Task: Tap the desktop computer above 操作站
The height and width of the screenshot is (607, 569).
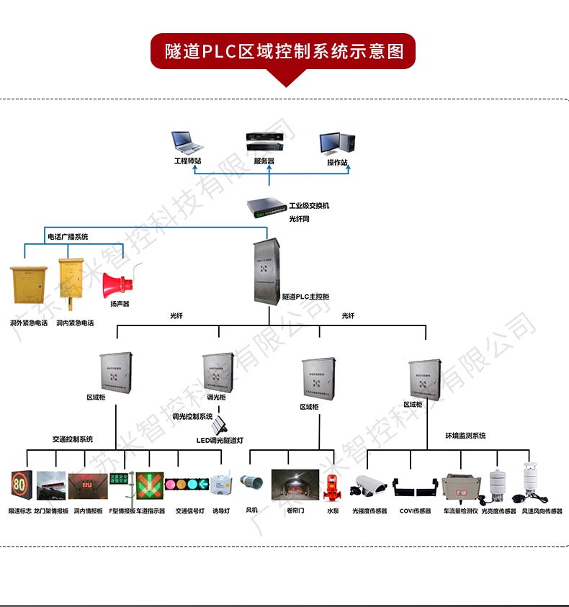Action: point(338,143)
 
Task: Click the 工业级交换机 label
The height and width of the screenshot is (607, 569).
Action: point(309,205)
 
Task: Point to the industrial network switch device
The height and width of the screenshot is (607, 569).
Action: point(266,209)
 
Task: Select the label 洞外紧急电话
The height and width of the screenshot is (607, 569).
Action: point(29,323)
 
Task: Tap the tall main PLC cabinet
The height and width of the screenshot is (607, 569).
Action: point(266,271)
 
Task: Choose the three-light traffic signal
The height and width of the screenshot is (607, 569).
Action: point(187,484)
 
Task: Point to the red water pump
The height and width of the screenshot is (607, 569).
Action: point(332,485)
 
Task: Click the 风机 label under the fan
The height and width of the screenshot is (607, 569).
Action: point(251,511)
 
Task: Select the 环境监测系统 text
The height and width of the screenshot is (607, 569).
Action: point(465,436)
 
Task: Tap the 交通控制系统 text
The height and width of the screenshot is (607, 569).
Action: point(72,439)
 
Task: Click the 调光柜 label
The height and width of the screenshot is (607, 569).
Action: point(216,397)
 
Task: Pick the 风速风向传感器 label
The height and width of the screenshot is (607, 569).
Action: point(542,511)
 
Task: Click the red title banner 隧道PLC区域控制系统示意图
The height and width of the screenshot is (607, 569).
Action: point(284,52)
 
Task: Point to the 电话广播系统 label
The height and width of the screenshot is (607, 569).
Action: point(68,237)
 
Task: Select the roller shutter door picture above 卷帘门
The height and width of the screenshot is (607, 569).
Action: point(295,485)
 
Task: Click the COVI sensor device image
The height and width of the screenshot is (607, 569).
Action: point(415,487)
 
